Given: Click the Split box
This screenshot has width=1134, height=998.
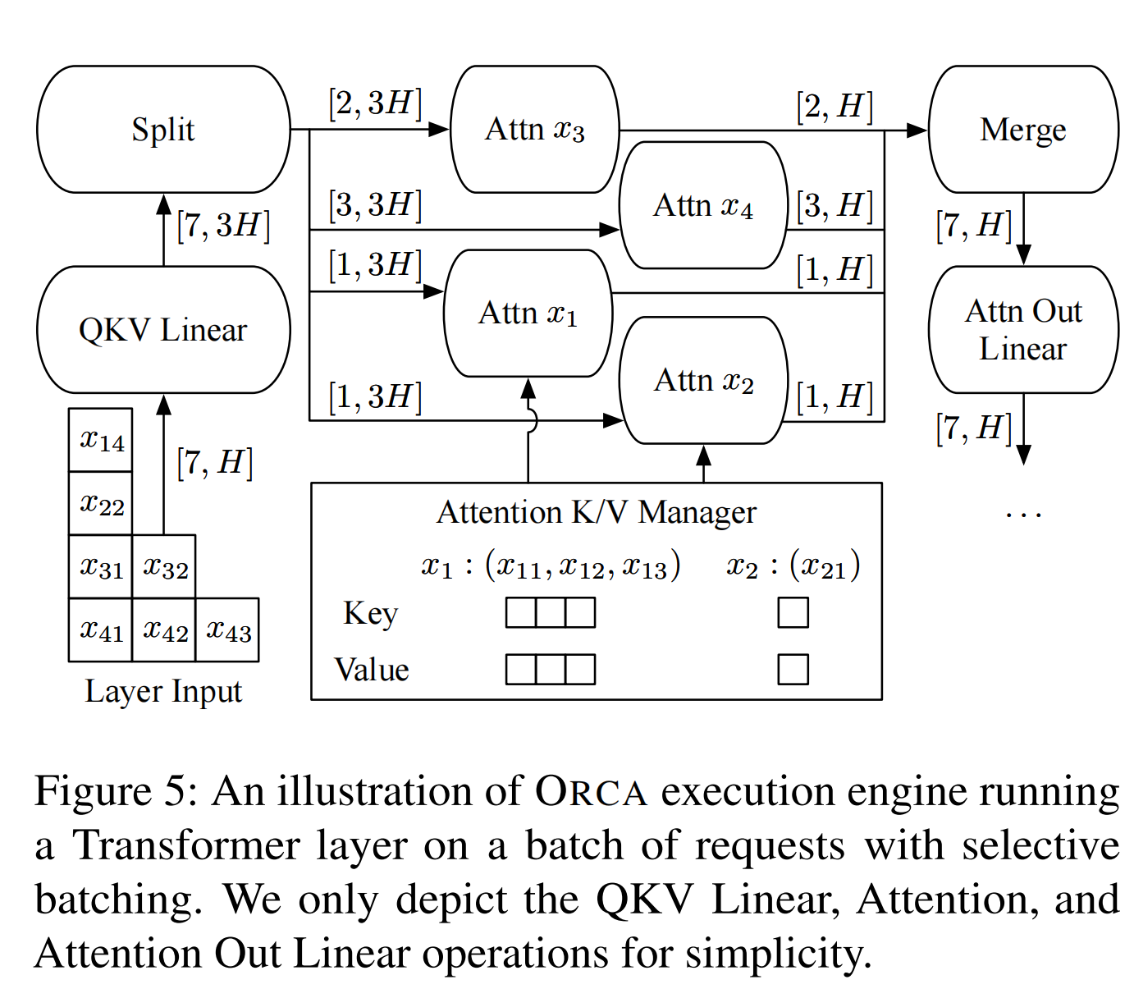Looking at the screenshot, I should (163, 130).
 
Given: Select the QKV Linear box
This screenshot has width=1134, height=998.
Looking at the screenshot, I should (163, 330).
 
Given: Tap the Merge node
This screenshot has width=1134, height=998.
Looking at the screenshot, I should (1023, 130).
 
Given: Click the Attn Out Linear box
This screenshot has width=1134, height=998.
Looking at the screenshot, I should (1023, 330).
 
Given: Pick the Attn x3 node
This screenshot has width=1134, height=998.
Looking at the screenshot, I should (534, 130).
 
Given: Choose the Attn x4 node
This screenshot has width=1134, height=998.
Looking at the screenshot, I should (703, 205).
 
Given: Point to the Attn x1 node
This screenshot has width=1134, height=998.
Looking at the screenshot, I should (528, 314).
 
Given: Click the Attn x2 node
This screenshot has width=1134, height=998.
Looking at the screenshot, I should (703, 381).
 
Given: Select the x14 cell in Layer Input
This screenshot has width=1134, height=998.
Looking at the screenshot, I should (101, 441).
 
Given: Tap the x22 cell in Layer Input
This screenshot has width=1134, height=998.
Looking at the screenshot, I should (101, 504).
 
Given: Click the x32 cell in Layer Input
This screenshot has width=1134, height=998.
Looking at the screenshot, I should (164, 567).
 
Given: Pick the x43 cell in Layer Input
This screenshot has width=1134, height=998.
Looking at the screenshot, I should (227, 630).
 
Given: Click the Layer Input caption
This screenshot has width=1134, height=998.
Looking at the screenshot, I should (163, 691).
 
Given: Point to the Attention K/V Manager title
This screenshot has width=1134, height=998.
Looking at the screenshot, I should (596, 512).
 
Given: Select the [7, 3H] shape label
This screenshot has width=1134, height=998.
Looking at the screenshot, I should (222, 225).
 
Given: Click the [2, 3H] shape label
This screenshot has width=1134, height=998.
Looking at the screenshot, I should (375, 103).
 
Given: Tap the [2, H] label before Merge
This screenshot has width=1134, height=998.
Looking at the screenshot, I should (834, 107).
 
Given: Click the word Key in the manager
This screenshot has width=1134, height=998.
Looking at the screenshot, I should (370, 613).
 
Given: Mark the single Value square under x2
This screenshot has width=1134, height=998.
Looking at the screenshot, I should (793, 669).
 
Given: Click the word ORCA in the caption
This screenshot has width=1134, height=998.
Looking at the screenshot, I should (591, 792).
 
